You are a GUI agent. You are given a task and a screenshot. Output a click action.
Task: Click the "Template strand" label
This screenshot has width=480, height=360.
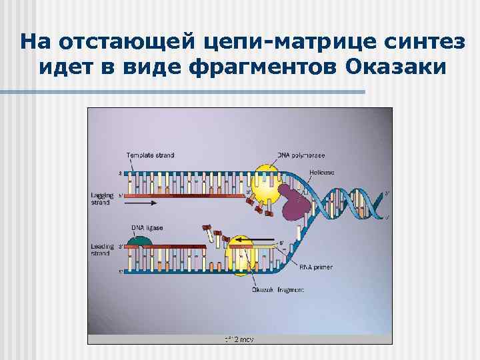[x=150, y=155]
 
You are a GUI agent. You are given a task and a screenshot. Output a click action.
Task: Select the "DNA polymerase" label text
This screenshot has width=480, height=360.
[x=301, y=155]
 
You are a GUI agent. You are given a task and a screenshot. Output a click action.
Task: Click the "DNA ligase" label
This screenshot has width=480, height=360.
[x=147, y=228]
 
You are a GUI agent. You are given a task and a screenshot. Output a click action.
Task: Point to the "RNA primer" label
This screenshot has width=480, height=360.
[x=315, y=267]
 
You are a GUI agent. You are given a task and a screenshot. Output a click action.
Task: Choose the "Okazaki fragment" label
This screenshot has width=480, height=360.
[x=278, y=290]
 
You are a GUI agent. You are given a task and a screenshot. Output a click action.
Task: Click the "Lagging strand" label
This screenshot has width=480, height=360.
[x=102, y=198]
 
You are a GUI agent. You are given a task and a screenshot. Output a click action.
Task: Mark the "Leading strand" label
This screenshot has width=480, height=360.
[x=102, y=250]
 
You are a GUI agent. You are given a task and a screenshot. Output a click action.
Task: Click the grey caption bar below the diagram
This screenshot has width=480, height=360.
[x=239, y=339]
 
